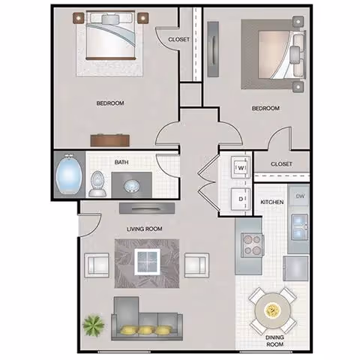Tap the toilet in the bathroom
(97, 183)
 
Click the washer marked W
(241, 168)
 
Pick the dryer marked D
(241, 199)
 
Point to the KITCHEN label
(271, 202)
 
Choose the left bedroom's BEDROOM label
(109, 103)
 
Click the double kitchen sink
(298, 223)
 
